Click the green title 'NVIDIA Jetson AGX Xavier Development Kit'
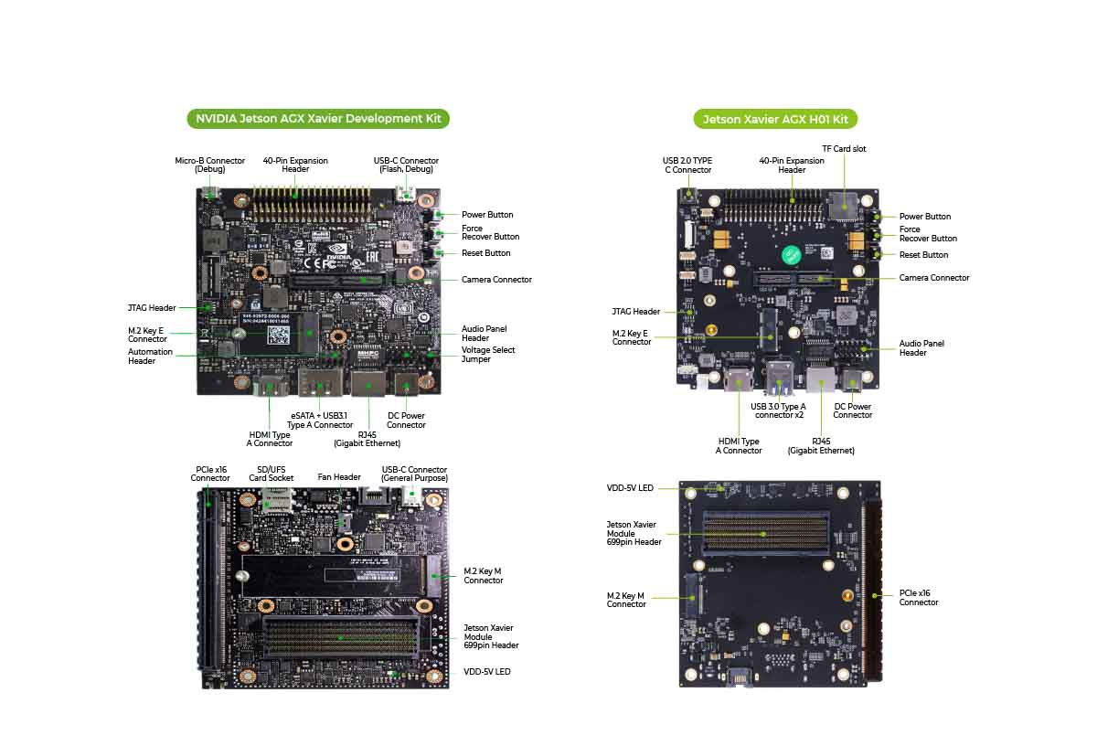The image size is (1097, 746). pyautogui.click(x=318, y=119)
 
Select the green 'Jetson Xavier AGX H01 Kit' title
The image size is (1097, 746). pyautogui.click(x=775, y=120)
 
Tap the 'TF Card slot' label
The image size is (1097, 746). pyautogui.click(x=844, y=149)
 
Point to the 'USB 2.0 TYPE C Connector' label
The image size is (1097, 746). pyautogui.click(x=687, y=165)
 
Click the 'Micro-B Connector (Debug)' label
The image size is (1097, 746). pyautogui.click(x=210, y=165)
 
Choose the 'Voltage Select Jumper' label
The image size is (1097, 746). pyautogui.click(x=488, y=355)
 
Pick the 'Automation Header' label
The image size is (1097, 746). pyautogui.click(x=150, y=357)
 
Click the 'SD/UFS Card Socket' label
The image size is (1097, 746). pyautogui.click(x=272, y=474)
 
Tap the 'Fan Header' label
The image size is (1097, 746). pyautogui.click(x=339, y=477)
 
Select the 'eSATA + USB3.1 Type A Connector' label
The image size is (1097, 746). pyautogui.click(x=319, y=420)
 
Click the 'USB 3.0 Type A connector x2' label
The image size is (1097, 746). pyautogui.click(x=778, y=410)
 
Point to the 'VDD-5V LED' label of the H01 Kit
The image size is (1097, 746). pyautogui.click(x=631, y=488)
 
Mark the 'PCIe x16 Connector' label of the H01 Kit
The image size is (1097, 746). pyautogui.click(x=919, y=598)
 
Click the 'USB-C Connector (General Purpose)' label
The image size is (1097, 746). pyautogui.click(x=415, y=474)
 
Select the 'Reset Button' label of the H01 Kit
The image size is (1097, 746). pyautogui.click(x=923, y=255)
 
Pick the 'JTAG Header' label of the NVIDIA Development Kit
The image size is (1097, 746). pyautogui.click(x=152, y=308)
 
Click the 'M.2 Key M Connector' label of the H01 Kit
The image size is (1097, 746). pyautogui.click(x=626, y=600)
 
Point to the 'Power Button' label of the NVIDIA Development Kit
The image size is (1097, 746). pyautogui.click(x=487, y=215)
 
